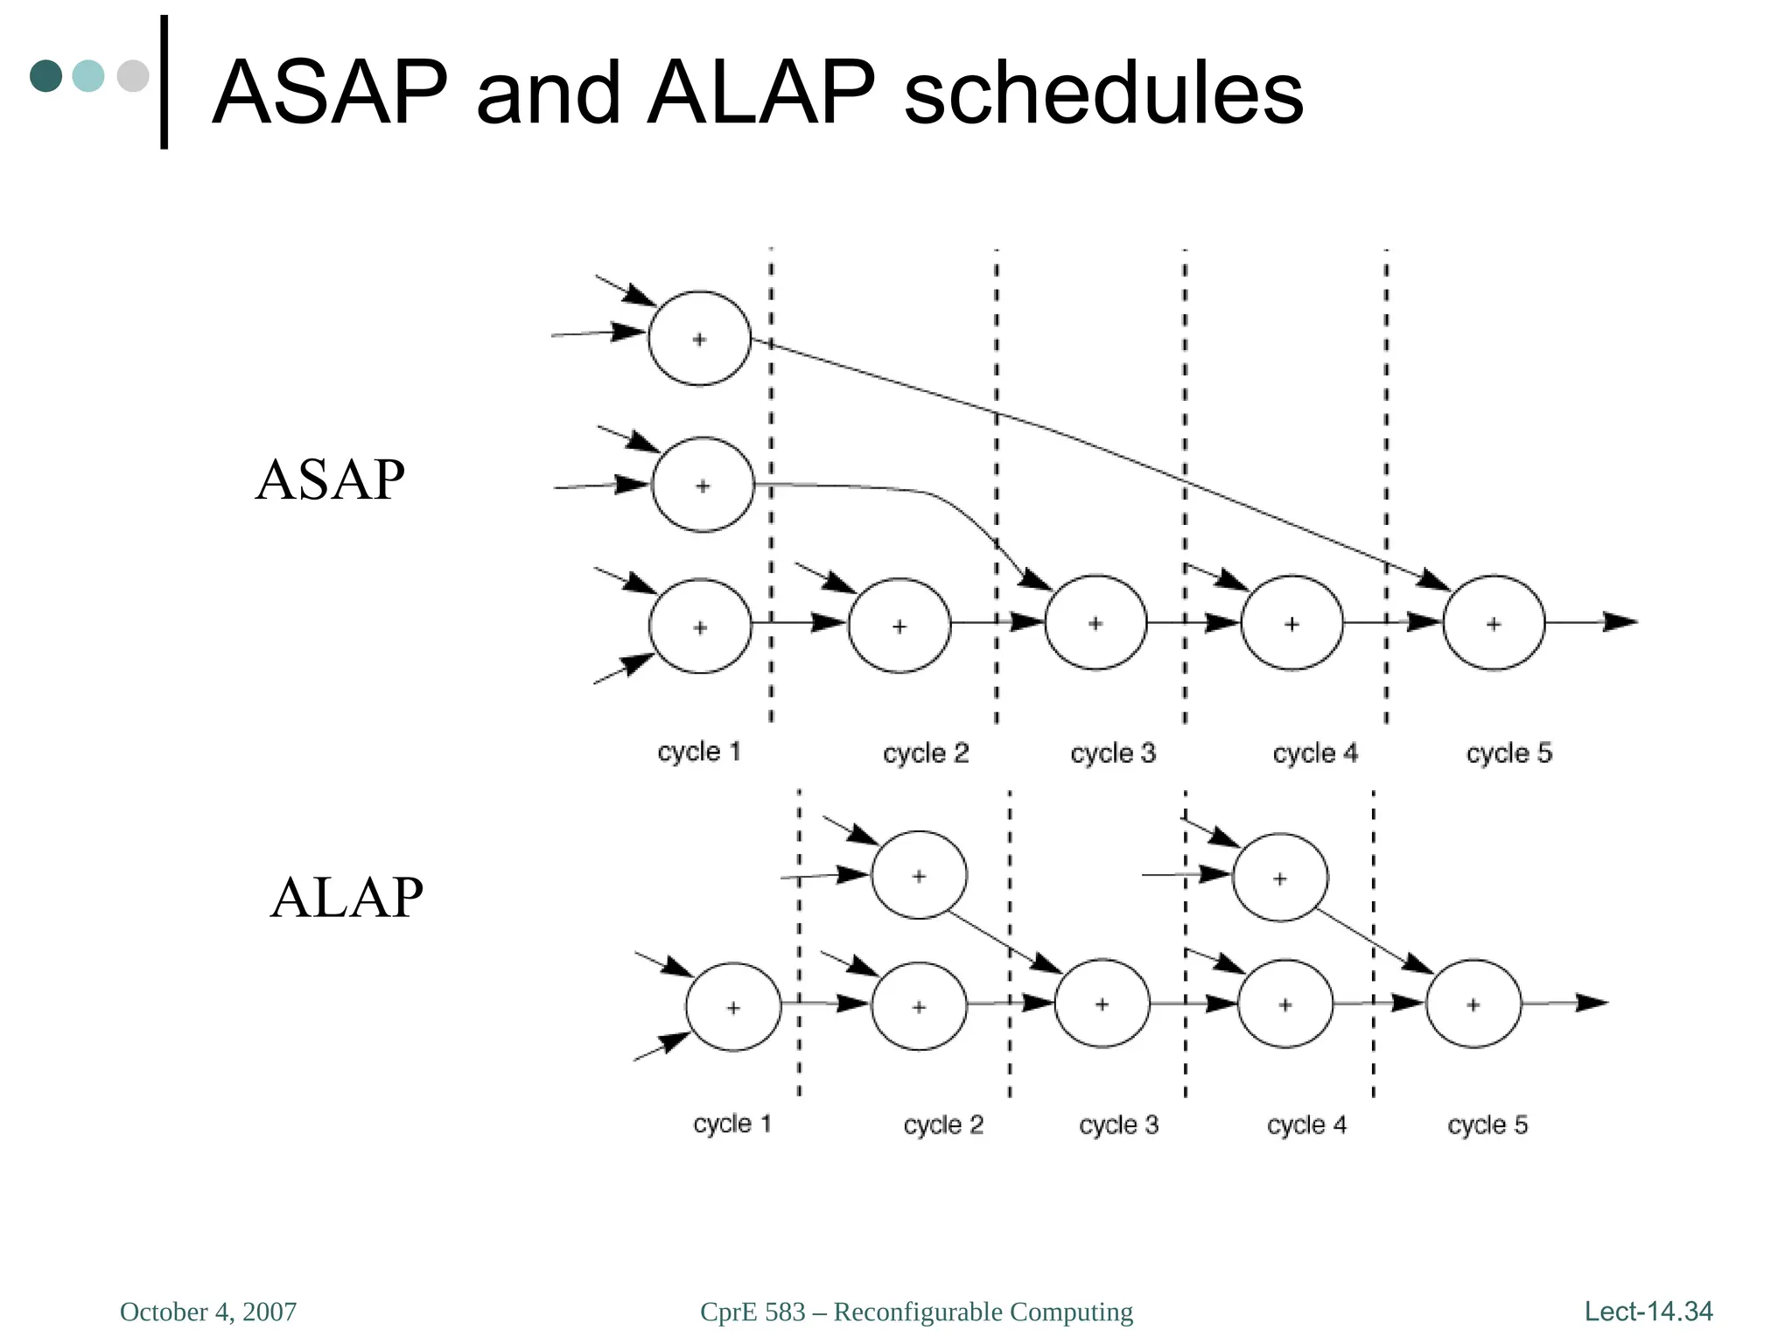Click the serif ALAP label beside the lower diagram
pyautogui.click(x=346, y=898)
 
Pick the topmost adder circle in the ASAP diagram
pyautogui.click(x=699, y=339)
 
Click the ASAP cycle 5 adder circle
pyautogui.click(x=1494, y=623)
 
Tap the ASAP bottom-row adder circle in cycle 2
pyautogui.click(x=899, y=626)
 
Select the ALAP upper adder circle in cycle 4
pyautogui.click(x=1279, y=878)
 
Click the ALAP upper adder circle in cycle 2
pyautogui.click(x=919, y=875)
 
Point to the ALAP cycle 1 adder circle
pyautogui.click(x=732, y=1007)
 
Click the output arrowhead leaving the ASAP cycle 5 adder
pyautogui.click(x=1620, y=622)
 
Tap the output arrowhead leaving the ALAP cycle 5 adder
pyautogui.click(x=1592, y=1003)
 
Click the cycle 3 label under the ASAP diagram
pyautogui.click(x=1113, y=753)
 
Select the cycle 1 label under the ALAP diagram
pyautogui.click(x=732, y=1123)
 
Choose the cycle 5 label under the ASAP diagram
pyautogui.click(x=1508, y=753)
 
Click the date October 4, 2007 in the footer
pyautogui.click(x=208, y=1312)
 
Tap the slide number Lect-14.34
pyautogui.click(x=1648, y=1311)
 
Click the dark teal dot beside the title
pyautogui.click(x=46, y=76)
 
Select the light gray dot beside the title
pyautogui.click(x=133, y=76)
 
